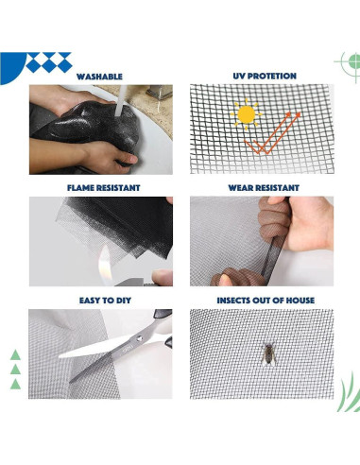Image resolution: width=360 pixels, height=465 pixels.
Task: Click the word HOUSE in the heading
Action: (x=296, y=300)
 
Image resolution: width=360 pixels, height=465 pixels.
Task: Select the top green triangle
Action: (x=14, y=355)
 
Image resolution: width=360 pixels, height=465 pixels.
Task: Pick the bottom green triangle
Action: (x=14, y=385)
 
